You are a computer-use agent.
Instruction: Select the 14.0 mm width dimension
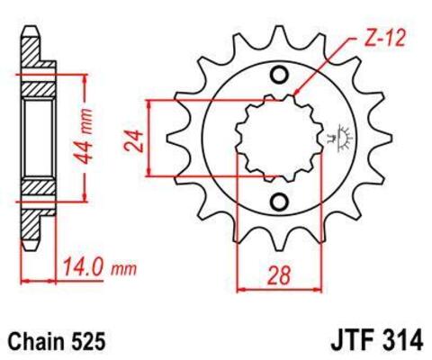[98, 267]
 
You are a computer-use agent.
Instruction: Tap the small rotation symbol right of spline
[341, 138]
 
